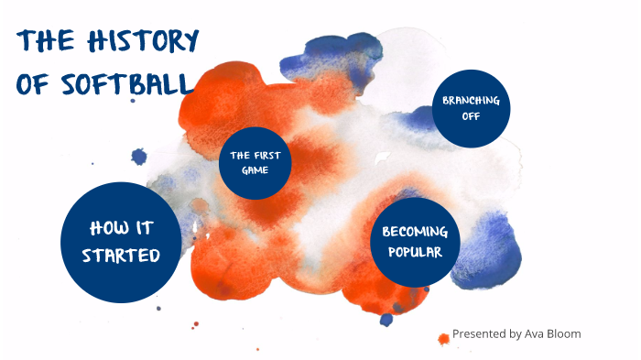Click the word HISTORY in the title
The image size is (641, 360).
pyautogui.click(x=143, y=42)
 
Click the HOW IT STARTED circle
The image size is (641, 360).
pyautogui.click(x=120, y=241)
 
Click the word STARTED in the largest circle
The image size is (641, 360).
pyautogui.click(x=120, y=255)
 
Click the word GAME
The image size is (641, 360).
pyautogui.click(x=255, y=169)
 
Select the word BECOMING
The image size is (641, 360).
pyautogui.click(x=414, y=232)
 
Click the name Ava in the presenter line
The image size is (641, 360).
pyautogui.click(x=533, y=333)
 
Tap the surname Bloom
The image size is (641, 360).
pyautogui.click(x=563, y=333)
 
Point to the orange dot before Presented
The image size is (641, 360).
pyautogui.click(x=443, y=338)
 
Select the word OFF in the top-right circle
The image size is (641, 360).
pyautogui.click(x=471, y=116)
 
